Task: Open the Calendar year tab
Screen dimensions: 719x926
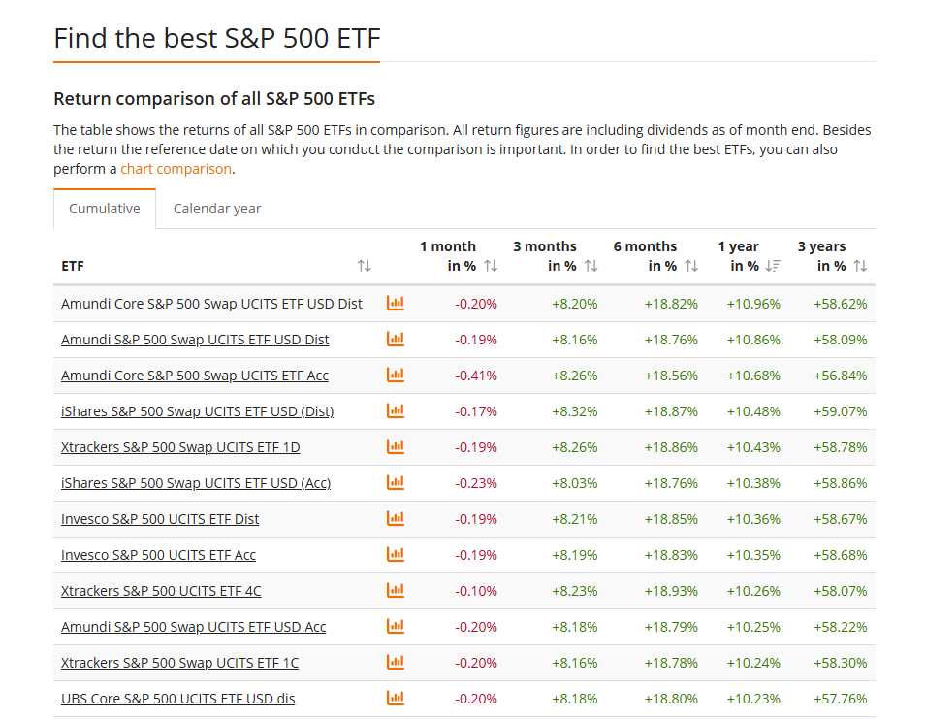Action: [x=217, y=209]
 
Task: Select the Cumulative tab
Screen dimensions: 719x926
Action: [x=105, y=209]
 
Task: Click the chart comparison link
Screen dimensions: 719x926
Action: [x=176, y=169]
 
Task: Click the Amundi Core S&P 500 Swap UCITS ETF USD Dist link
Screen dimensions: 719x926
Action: [x=211, y=304]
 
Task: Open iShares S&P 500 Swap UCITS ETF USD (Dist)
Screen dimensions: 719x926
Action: [x=197, y=411]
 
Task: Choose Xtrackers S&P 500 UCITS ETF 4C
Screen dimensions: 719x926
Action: [x=161, y=591]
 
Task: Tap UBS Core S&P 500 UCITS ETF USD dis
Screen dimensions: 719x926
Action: [x=177, y=699]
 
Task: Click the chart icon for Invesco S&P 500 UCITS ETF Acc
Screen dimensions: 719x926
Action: [x=395, y=555]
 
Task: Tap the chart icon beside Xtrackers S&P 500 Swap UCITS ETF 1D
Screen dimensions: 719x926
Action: [x=395, y=447]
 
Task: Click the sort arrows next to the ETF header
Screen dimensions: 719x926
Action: [x=365, y=266]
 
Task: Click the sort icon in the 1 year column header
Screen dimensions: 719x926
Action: [x=773, y=266]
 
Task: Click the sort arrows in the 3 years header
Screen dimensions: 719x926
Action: [x=860, y=266]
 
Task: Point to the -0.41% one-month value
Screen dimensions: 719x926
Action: [x=476, y=376]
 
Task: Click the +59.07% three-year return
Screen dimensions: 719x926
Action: [x=841, y=411]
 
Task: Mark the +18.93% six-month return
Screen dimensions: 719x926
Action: [x=671, y=591]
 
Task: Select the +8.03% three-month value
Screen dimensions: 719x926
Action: [x=574, y=483]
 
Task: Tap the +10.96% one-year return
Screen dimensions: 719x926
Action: [x=753, y=304]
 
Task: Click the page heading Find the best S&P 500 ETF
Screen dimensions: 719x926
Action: [x=217, y=38]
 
